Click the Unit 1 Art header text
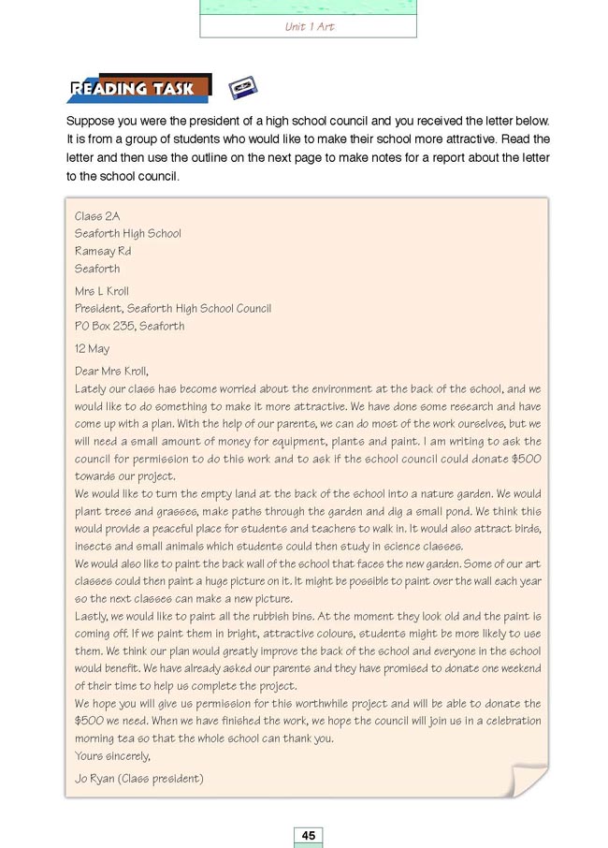coord(309,27)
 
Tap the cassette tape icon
coord(243,89)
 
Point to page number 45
coord(308,835)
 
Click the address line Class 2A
coord(97,216)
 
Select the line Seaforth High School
coord(128,234)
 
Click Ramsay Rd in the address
coord(103,252)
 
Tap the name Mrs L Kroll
coord(102,291)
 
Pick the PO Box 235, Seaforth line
coord(129,327)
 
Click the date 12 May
coord(92,349)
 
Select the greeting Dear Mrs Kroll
coord(111,371)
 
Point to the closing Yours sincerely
coord(112,756)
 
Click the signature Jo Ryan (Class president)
coord(138,779)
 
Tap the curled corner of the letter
coord(528,780)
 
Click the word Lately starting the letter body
coord(90,388)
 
